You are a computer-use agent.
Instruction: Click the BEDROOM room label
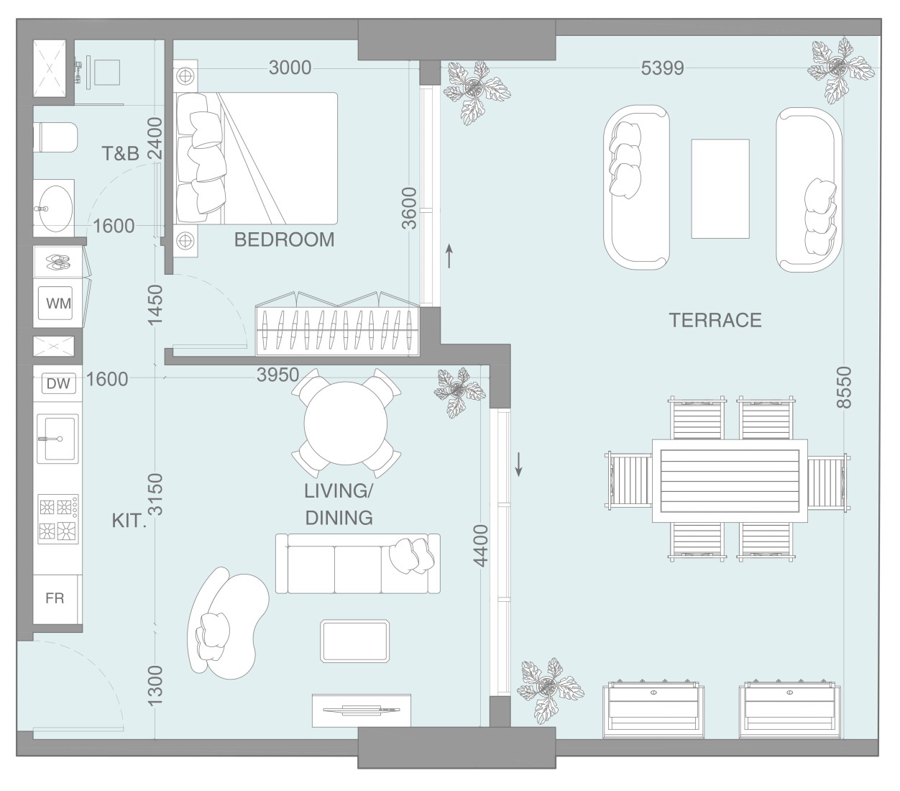pos(284,239)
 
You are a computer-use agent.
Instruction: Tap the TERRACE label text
pos(715,320)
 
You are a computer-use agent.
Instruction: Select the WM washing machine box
pos(58,303)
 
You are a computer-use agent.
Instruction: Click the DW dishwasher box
pos(58,384)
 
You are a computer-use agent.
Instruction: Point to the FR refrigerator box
pos(55,598)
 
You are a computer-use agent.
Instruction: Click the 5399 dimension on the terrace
pos(662,68)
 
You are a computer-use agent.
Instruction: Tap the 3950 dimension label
pos(277,375)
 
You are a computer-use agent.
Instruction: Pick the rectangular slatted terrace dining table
pos(729,481)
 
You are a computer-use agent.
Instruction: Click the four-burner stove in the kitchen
pos(58,518)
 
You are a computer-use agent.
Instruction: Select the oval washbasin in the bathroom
pos(54,208)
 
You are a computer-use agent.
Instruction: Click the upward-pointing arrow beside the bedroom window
pos(450,255)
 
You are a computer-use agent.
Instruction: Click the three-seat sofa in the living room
pos(358,564)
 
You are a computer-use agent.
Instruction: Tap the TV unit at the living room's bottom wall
pos(362,710)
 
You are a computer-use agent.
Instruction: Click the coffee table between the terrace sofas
pos(720,188)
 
